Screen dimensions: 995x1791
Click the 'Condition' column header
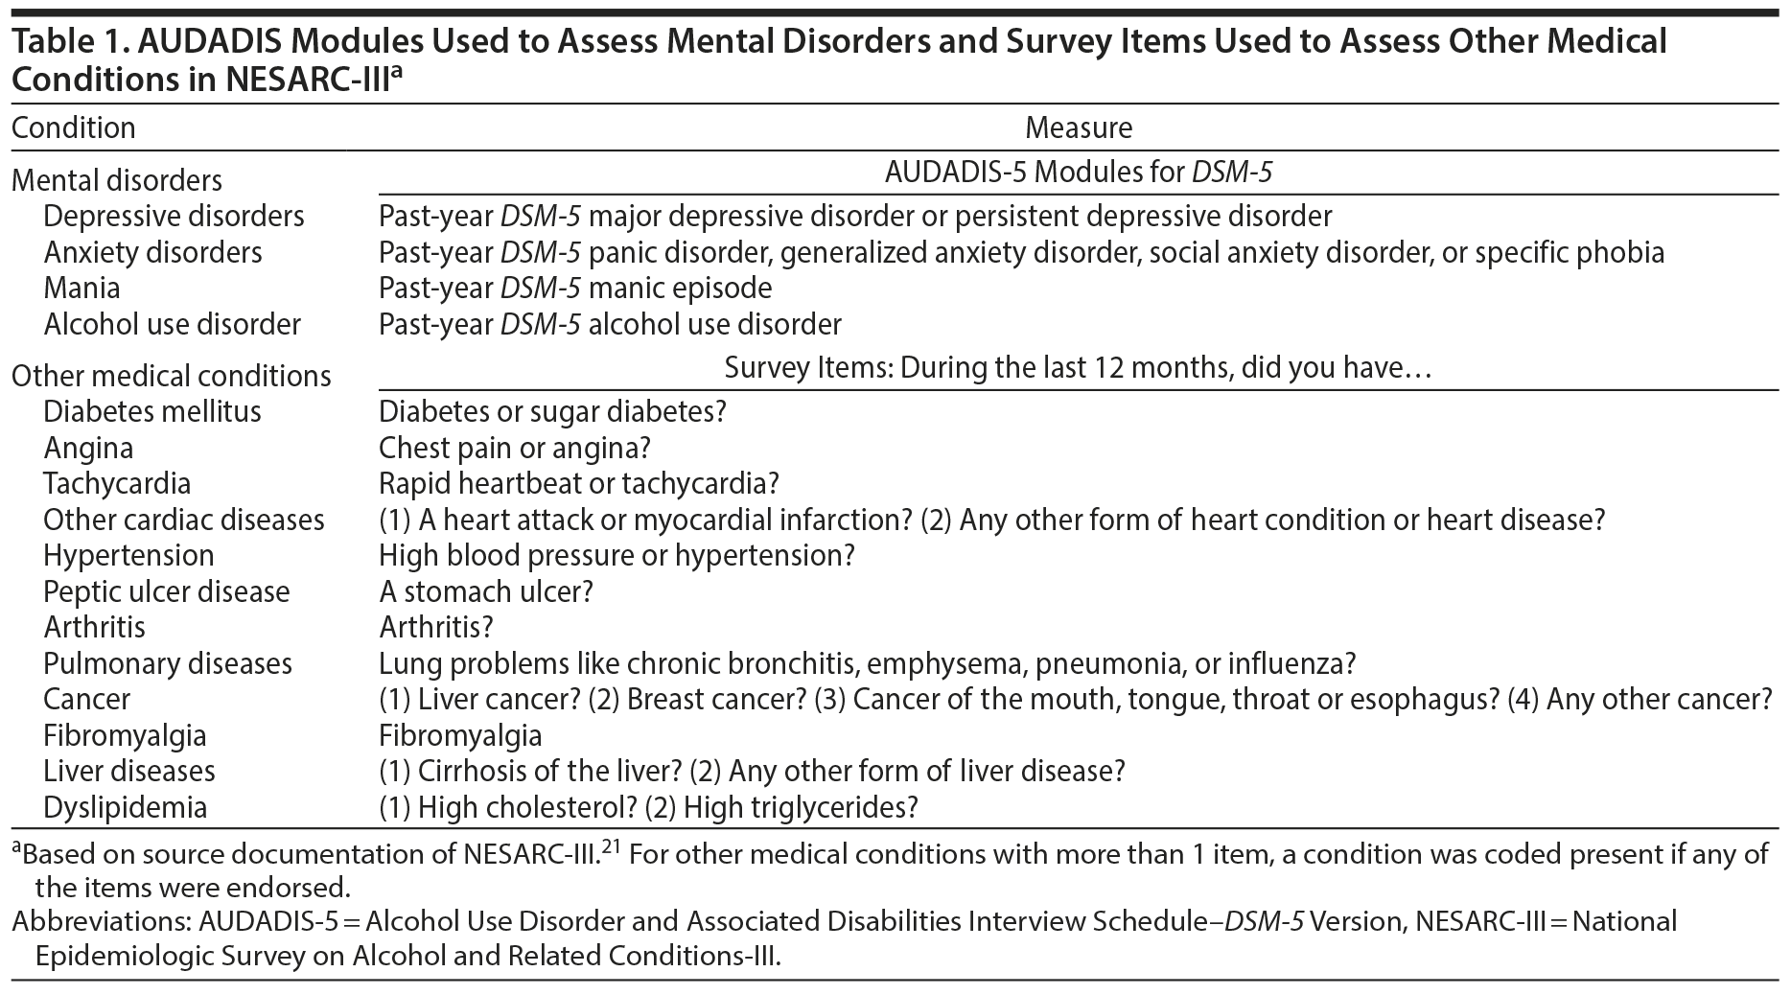pos(74,127)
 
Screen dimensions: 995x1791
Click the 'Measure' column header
pos(1079,127)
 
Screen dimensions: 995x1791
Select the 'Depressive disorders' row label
pos(174,216)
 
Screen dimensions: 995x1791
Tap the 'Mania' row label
pos(81,288)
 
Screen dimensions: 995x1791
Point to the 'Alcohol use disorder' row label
pos(172,324)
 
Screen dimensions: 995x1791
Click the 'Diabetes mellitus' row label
pos(151,411)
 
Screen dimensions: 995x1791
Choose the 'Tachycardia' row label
pos(117,483)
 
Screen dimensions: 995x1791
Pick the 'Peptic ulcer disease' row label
pos(166,591)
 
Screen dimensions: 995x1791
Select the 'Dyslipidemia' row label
pos(125,807)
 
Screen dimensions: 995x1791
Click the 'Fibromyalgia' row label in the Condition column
pos(125,735)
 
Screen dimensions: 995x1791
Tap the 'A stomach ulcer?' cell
pos(486,591)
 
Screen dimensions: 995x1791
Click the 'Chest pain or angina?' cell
pos(515,448)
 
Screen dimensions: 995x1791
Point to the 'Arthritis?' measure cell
pos(435,627)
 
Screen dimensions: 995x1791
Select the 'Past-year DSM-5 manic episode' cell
pos(575,288)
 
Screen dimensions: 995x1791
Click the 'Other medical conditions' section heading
pos(171,375)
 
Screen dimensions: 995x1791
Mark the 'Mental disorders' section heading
pos(116,180)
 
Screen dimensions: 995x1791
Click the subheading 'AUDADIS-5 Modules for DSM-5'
pos(1079,173)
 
